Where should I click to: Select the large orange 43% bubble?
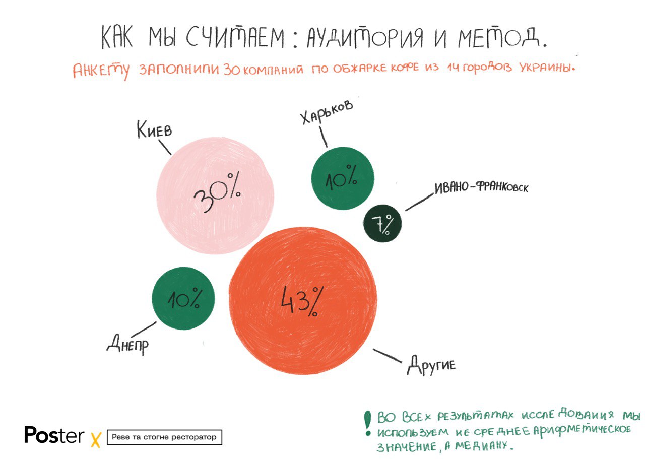[x=303, y=300]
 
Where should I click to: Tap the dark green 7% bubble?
[x=383, y=224]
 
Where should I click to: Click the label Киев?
[x=154, y=130]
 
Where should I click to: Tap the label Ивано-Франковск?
[x=481, y=187]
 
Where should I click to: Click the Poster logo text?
[x=54, y=435]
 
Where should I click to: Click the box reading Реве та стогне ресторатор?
[x=164, y=437]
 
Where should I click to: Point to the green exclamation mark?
[x=368, y=423]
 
